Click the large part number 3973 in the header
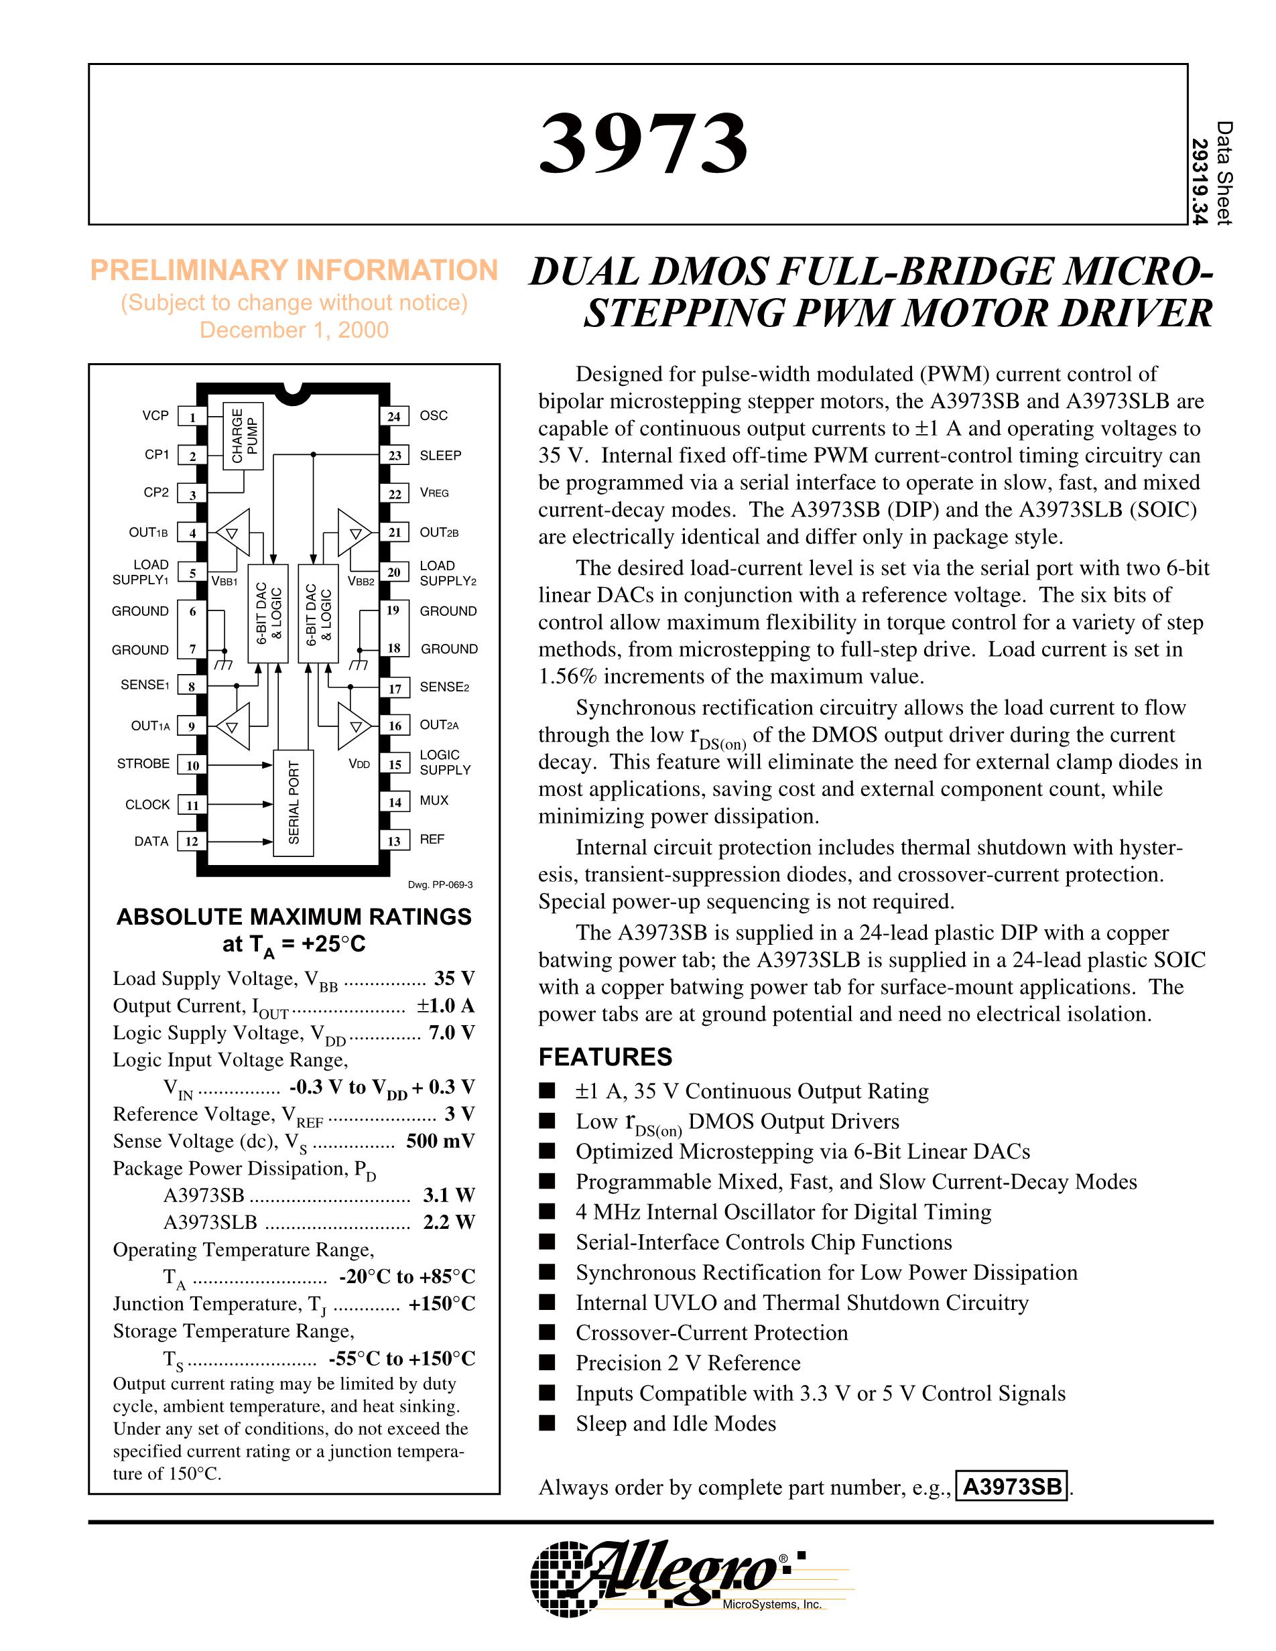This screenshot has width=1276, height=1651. click(643, 143)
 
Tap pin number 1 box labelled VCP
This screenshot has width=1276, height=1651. click(193, 417)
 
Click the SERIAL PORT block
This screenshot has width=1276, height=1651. click(294, 803)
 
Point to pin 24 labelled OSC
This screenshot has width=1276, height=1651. click(394, 417)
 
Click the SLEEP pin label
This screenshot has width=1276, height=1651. click(441, 455)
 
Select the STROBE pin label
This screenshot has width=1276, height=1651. click(143, 763)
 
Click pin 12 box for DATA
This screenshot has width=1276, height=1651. click(193, 841)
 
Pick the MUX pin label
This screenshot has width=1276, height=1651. click(435, 800)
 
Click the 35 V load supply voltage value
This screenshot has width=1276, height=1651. click(454, 979)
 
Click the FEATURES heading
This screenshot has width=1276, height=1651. click(605, 1057)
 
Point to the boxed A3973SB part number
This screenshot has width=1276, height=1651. click(1012, 1488)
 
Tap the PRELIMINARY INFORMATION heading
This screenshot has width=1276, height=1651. click(294, 270)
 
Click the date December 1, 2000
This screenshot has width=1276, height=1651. click(294, 330)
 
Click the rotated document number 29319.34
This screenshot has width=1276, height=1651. click(1200, 182)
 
